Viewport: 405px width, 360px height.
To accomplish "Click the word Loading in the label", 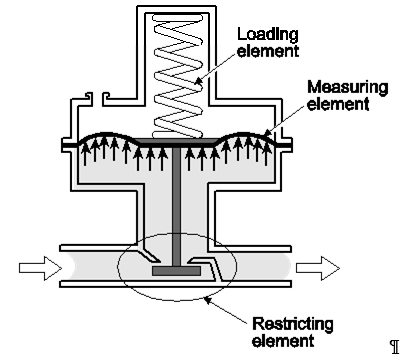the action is pos(268,34).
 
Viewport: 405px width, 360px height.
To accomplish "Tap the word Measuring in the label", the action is pos(348,87).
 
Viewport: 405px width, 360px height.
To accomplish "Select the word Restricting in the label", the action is pos(293,324).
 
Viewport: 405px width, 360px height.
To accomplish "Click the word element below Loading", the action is pos(268,51).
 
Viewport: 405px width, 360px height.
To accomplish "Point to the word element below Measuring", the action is pos(338,104).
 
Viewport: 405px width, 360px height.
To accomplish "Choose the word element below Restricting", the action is pos(283,341).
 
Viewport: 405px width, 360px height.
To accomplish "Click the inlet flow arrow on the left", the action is pos(40,268).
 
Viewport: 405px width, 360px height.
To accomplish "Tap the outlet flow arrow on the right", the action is pos(318,268).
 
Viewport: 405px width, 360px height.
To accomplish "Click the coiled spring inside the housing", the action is pos(178,76).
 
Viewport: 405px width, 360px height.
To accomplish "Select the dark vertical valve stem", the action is pos(177,206).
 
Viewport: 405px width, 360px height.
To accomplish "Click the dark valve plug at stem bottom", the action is pos(177,271).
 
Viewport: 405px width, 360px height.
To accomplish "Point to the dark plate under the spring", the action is pos(177,142).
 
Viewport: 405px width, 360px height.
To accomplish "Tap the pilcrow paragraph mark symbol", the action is pos(395,347).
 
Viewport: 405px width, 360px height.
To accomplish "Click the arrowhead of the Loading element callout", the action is pos(198,81).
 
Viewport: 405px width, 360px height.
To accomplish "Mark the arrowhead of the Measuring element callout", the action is pos(267,133).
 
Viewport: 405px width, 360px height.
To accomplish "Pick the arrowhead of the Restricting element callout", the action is pos(207,300).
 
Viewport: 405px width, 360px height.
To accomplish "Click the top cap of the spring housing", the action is pos(177,9).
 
